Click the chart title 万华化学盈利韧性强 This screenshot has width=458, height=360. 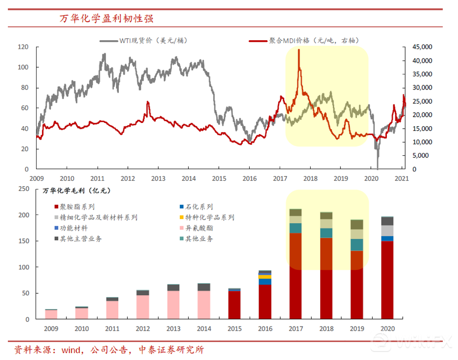pos(106,19)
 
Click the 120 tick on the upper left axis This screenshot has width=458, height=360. pos(23,47)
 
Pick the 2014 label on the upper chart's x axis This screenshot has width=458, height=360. pos(189,178)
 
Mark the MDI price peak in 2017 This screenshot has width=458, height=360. pos(299,50)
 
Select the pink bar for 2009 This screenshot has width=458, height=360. pos(51,314)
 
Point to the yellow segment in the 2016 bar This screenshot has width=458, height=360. pos(265,277)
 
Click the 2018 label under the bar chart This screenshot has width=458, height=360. pos(326,328)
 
